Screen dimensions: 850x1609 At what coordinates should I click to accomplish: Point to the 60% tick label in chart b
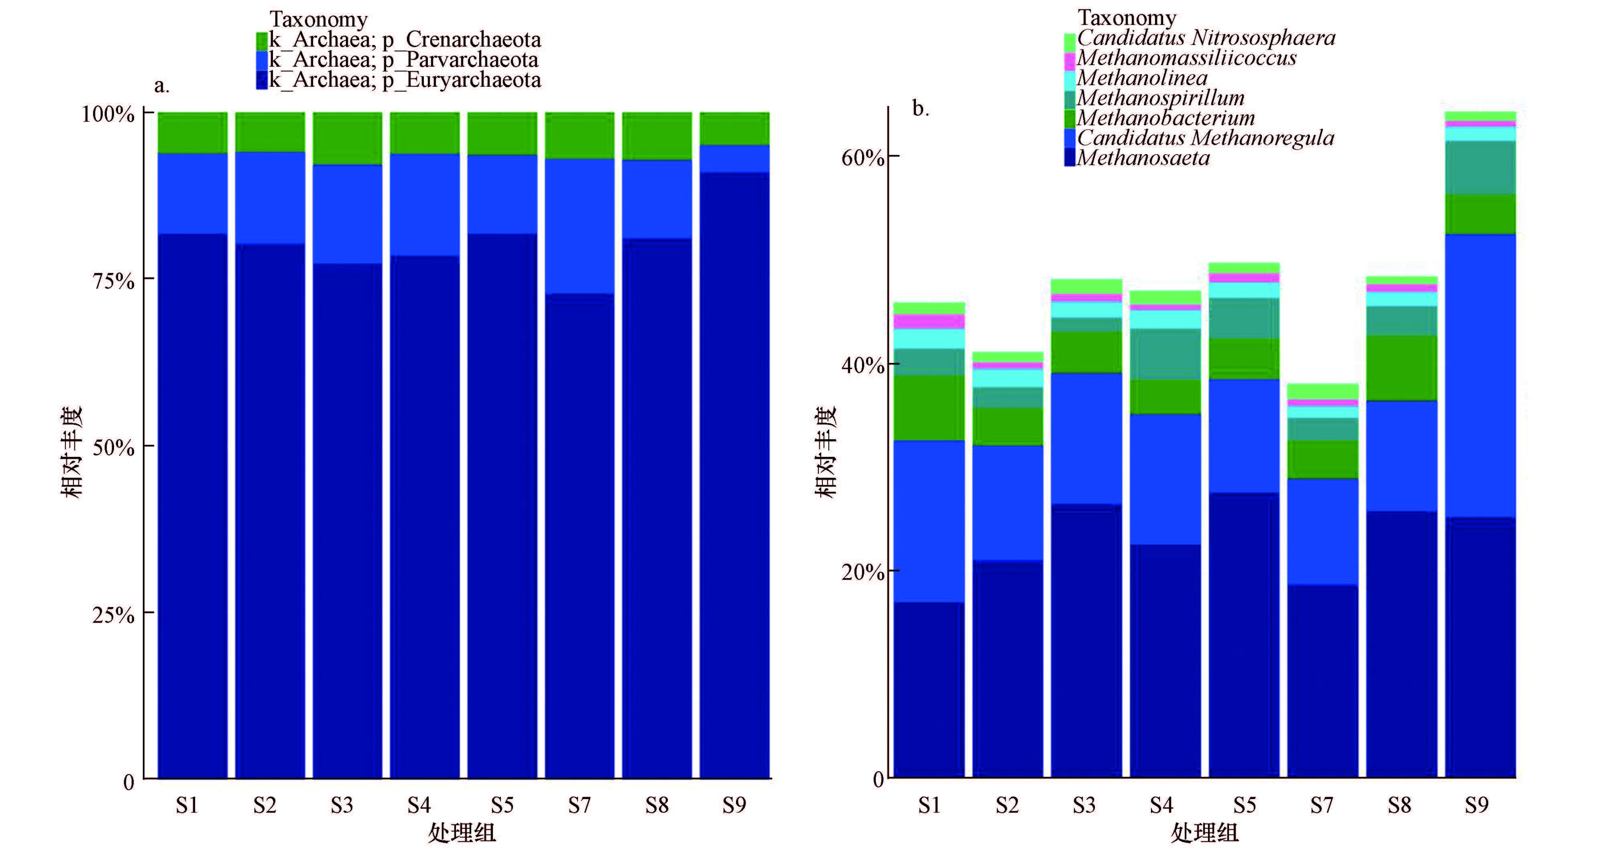coord(862,157)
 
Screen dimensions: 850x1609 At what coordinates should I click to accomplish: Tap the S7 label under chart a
coord(579,805)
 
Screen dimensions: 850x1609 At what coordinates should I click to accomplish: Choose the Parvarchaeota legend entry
coord(403,60)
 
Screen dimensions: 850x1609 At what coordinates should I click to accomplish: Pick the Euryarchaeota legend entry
coord(404,80)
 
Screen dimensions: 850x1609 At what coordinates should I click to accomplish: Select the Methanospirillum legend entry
coord(1160,98)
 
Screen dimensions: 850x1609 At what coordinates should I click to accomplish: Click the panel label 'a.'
coord(162,86)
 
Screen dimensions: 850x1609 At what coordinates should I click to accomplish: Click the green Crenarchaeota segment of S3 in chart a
coord(347,139)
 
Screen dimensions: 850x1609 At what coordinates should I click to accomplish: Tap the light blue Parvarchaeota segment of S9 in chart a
coord(734,159)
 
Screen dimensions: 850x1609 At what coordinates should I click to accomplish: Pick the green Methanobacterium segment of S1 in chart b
coord(929,408)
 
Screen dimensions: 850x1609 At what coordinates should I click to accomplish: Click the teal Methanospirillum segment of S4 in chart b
coord(1166,354)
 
